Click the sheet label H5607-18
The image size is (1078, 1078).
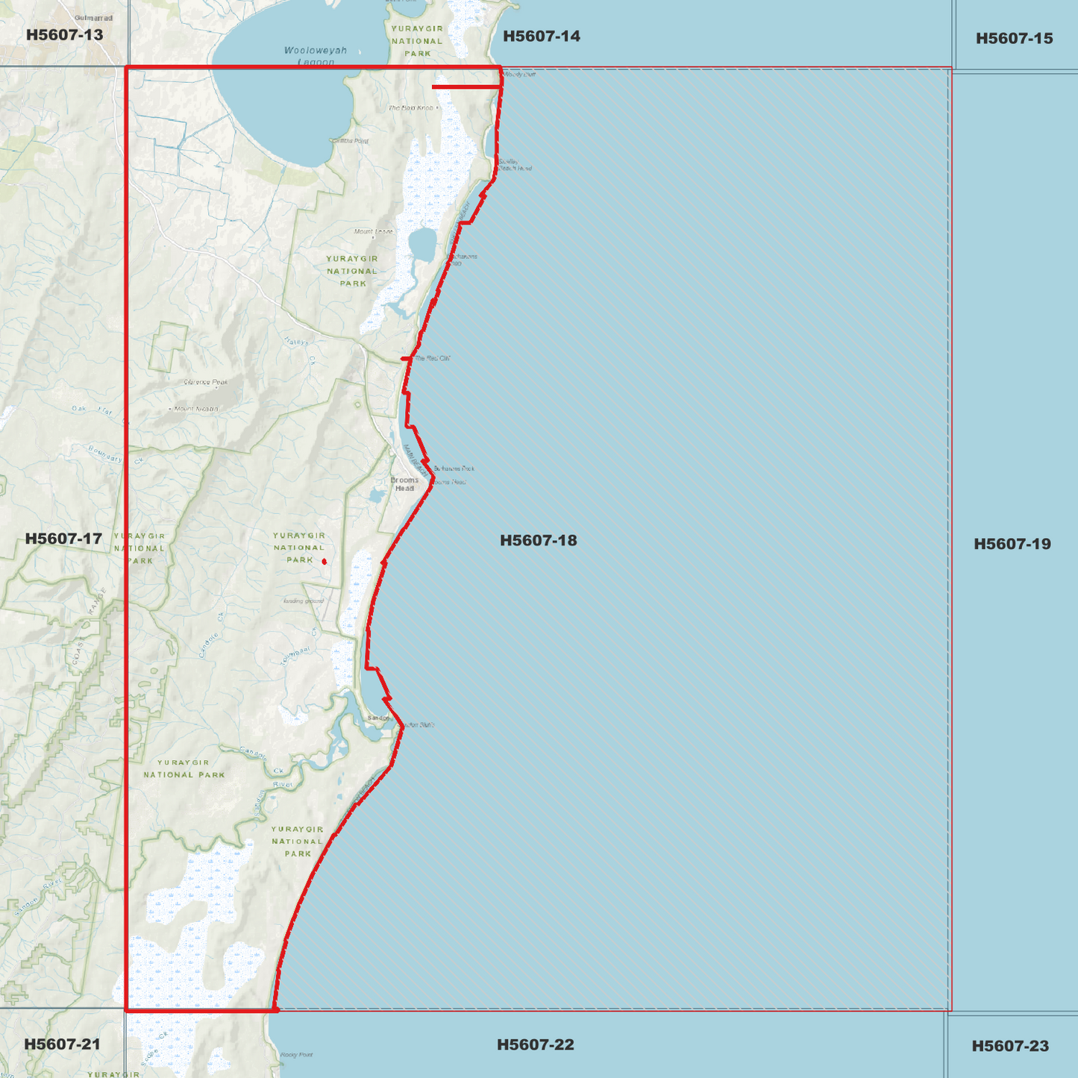pyautogui.click(x=538, y=541)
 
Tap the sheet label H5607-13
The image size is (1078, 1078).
pyautogui.click(x=64, y=35)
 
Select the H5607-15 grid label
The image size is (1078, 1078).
pyautogui.click(x=1014, y=39)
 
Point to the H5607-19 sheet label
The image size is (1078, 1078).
pyautogui.click(x=1012, y=545)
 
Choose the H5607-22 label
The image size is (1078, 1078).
pyautogui.click(x=535, y=1045)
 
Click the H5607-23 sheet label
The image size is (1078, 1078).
pyautogui.click(x=1009, y=1047)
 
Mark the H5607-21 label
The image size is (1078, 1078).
pyautogui.click(x=62, y=1044)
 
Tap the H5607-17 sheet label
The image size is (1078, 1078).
pyautogui.click(x=63, y=539)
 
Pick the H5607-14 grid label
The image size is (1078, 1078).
pyautogui.click(x=541, y=37)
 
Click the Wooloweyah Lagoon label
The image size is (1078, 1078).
pyautogui.click(x=316, y=56)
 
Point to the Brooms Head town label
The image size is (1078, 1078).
pyautogui.click(x=404, y=484)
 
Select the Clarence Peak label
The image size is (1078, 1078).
pyautogui.click(x=206, y=383)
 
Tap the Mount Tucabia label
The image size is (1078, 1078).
pyautogui.click(x=196, y=409)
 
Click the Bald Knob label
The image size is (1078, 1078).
pyautogui.click(x=411, y=108)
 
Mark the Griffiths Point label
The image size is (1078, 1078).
pyautogui.click(x=351, y=141)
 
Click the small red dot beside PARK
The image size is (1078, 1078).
pyautogui.click(x=324, y=561)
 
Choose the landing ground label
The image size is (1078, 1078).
pyautogui.click(x=303, y=601)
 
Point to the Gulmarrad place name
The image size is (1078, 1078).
pyautogui.click(x=93, y=18)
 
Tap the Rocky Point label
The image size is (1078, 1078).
pyautogui.click(x=296, y=1055)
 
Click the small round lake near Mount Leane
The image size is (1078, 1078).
pyautogui.click(x=422, y=244)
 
